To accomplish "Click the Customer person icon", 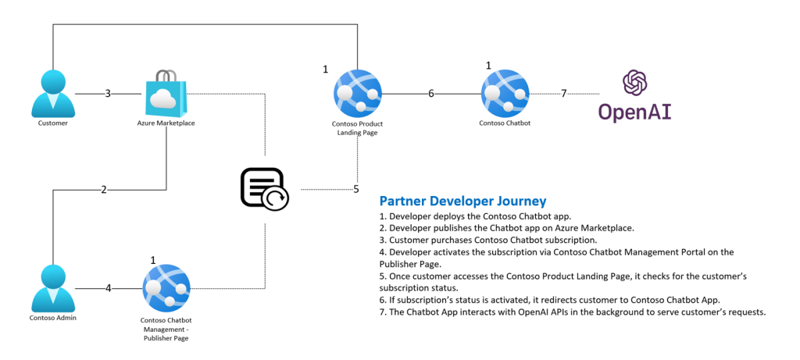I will (53, 93).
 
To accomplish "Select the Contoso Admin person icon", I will (53, 288).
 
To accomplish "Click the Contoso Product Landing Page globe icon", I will (357, 93).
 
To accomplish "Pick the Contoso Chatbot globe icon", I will (504, 93).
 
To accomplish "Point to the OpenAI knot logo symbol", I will (634, 84).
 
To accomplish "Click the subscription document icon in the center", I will (264, 188).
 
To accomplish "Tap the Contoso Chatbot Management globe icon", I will (166, 287).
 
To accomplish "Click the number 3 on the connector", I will (108, 94).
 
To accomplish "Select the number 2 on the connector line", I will (103, 190).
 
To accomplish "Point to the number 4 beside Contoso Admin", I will (108, 288).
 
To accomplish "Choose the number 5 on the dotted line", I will (356, 189).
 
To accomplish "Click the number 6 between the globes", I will (430, 94).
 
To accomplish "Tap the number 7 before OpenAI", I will (563, 94).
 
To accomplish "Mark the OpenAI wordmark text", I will (634, 112).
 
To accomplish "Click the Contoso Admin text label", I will (53, 319).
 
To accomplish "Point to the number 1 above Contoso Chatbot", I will (488, 66).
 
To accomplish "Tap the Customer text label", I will (53, 123).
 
